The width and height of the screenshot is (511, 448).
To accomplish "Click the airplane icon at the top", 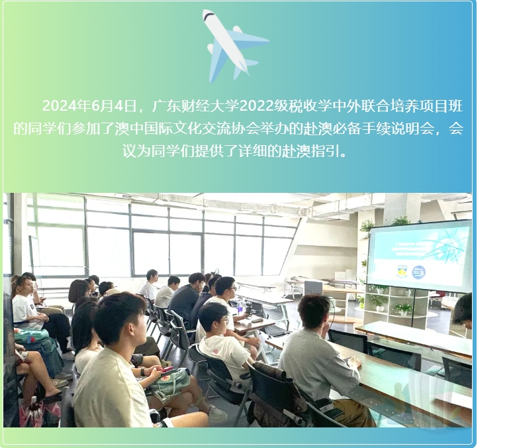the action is click(235, 46).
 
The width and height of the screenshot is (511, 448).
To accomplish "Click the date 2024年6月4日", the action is click(89, 106).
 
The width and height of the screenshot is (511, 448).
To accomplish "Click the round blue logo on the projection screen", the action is click(418, 272).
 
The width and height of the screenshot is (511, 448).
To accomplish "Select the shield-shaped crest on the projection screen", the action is click(402, 272).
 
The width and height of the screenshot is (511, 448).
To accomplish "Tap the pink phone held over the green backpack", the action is click(165, 370).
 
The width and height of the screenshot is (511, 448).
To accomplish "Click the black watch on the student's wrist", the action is click(143, 371).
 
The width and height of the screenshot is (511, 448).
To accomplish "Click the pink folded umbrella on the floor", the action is click(32, 414).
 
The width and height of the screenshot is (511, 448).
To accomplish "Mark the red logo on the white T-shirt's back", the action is click(215, 352).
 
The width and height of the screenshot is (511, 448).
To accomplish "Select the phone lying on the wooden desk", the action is click(257, 320).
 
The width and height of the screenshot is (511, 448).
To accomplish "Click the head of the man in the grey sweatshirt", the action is click(314, 311).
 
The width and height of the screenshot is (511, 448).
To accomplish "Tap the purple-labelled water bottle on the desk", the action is click(240, 308).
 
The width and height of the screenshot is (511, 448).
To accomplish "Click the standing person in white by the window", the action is click(149, 285).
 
